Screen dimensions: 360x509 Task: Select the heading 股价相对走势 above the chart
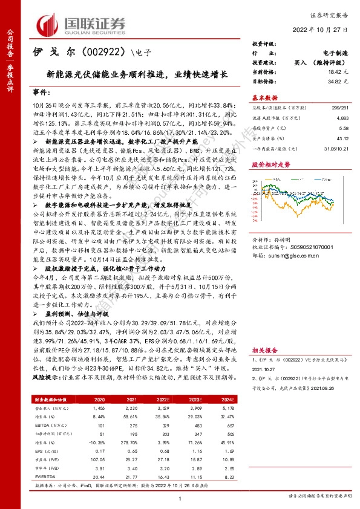[x=270, y=164]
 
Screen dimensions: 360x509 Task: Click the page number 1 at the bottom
[x=180, y=498]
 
